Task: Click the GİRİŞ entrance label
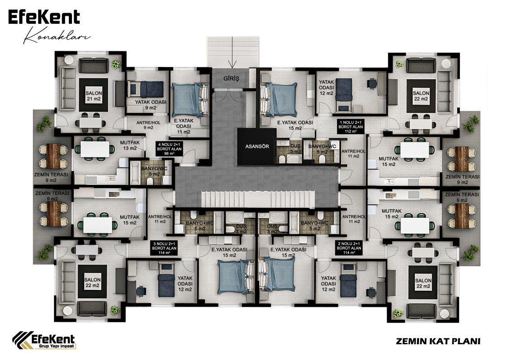pyautogui.click(x=231, y=79)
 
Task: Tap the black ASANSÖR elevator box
pyautogui.click(x=257, y=146)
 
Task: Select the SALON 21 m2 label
pyautogui.click(x=94, y=96)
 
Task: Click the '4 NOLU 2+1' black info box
pyautogui.click(x=170, y=149)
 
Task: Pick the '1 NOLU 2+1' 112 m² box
pyautogui.click(x=351, y=127)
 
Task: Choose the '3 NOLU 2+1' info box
pyautogui.click(x=165, y=248)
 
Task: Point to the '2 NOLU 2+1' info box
pyautogui.click(x=349, y=248)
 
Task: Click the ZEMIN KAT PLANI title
pyautogui.click(x=438, y=341)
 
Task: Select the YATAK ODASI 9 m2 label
pyautogui.click(x=150, y=104)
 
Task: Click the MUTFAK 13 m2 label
pyautogui.click(x=130, y=145)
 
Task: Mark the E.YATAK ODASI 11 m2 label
pyautogui.click(x=184, y=126)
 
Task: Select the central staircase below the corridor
pyautogui.click(x=258, y=198)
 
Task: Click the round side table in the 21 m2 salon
pyautogui.click(x=69, y=60)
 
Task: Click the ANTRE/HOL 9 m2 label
pyautogui.click(x=149, y=125)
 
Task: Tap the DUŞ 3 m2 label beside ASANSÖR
pyautogui.click(x=295, y=149)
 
